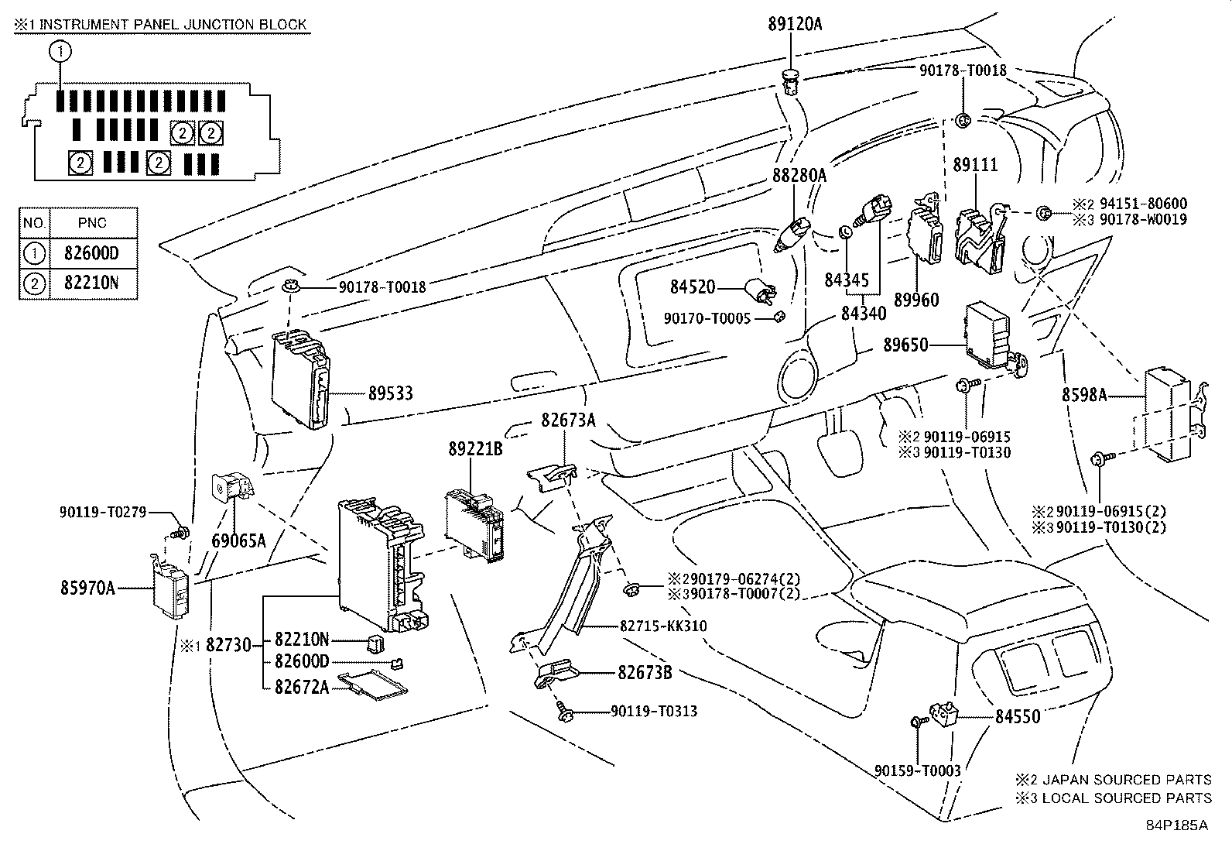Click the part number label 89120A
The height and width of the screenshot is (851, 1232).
795,24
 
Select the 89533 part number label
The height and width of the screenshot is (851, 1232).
390,393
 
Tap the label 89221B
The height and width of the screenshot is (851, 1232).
475,448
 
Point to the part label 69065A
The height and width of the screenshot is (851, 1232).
238,540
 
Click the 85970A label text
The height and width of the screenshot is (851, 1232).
87,588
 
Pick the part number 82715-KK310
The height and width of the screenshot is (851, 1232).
662,626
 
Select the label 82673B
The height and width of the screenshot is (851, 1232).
644,672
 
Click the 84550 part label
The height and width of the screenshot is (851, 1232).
1017,717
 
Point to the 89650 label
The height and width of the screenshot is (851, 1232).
905,345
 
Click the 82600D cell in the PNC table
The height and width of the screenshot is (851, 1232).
92,252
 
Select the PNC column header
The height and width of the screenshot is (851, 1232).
92,223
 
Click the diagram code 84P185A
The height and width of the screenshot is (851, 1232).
1176,825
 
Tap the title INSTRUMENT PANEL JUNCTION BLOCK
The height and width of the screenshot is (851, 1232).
172,25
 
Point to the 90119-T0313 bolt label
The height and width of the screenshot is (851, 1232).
653,711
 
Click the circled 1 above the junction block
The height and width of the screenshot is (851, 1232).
60,53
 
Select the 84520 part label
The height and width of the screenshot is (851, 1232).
693,287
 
